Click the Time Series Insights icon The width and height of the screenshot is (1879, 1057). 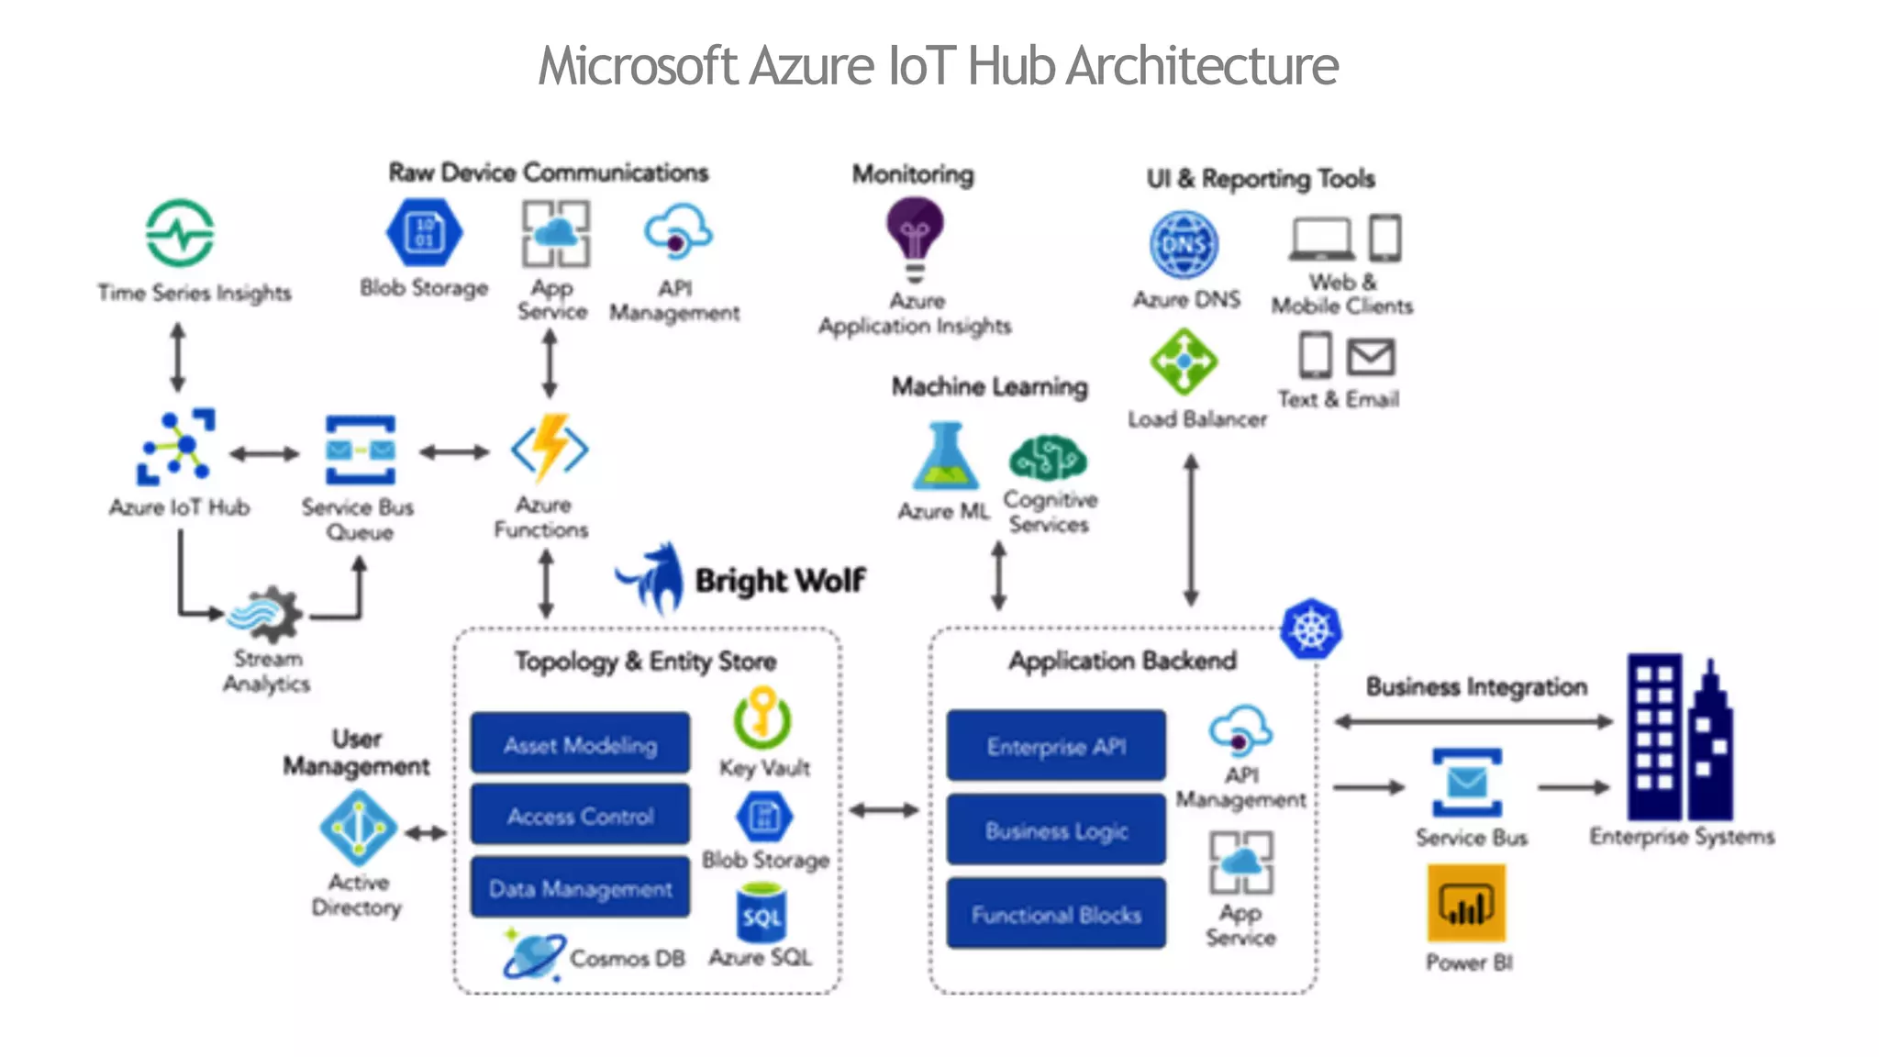(180, 233)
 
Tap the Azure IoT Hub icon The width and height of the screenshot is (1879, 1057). (176, 447)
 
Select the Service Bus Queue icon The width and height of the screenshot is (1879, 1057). (360, 450)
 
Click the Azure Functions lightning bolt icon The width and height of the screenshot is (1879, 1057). (550, 447)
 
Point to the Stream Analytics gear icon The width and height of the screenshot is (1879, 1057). (267, 614)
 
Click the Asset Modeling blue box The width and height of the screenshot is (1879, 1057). (580, 744)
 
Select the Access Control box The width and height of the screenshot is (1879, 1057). (580, 815)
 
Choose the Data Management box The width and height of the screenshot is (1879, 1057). (580, 887)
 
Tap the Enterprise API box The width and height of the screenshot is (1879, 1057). (1056, 745)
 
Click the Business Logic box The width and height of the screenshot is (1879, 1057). (1056, 829)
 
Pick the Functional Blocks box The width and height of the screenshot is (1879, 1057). (1056, 914)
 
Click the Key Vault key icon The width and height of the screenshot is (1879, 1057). (762, 718)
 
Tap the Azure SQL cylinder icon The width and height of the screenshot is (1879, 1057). (761, 913)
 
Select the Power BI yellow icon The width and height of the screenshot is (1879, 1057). (1466, 904)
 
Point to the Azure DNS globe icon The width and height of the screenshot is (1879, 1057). (1184, 245)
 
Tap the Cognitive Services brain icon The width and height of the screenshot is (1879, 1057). (1048, 457)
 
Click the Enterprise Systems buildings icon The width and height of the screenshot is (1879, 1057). (1679, 739)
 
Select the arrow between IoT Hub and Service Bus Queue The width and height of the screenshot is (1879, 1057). (264, 453)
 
